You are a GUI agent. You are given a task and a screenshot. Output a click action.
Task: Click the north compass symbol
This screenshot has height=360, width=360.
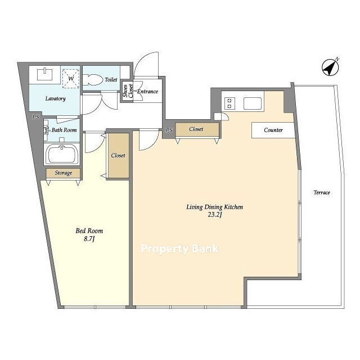pyautogui.click(x=330, y=67)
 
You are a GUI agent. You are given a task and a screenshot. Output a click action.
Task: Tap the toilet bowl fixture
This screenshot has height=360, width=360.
pyautogui.click(x=92, y=80)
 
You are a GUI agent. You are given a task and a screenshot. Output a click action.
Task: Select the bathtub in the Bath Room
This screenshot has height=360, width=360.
pyautogui.click(x=61, y=154)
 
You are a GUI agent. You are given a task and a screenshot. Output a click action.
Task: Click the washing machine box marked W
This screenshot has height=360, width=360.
pyautogui.click(x=71, y=79)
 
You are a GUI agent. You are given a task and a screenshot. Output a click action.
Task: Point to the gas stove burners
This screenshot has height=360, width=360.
pyautogui.click(x=230, y=103)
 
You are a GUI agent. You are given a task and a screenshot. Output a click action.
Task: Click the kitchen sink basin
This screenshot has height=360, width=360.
pyautogui.click(x=253, y=103)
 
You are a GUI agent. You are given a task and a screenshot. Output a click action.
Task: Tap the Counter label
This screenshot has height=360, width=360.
pyautogui.click(x=273, y=130)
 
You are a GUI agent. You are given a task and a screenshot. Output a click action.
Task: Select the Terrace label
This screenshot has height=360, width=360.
pyautogui.click(x=322, y=192)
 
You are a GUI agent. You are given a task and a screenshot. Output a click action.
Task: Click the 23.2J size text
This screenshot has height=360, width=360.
pyautogui.click(x=215, y=215)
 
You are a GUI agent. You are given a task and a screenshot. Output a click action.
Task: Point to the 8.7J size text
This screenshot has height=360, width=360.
pyautogui.click(x=89, y=239)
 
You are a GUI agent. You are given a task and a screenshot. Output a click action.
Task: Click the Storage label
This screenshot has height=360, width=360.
pyautogui.click(x=64, y=173)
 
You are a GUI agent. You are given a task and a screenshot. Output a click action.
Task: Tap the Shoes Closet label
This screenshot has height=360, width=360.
pyautogui.click(x=128, y=91)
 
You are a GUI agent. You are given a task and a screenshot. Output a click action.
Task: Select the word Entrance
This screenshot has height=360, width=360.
pyautogui.click(x=147, y=91)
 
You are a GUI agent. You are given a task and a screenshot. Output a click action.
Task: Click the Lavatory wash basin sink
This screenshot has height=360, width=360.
pyautogui.click(x=45, y=74)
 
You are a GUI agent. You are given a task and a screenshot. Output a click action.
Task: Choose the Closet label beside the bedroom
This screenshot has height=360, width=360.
pyautogui.click(x=118, y=155)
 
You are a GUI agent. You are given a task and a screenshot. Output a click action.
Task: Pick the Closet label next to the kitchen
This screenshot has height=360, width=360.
pyautogui.click(x=196, y=129)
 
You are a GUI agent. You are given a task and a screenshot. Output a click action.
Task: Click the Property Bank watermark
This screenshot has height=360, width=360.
pyautogui.click(x=180, y=249)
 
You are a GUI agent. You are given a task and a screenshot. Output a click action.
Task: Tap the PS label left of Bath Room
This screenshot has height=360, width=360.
pyautogui.click(x=35, y=117)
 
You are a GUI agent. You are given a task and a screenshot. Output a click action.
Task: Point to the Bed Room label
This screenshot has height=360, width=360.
pyautogui.click(x=89, y=231)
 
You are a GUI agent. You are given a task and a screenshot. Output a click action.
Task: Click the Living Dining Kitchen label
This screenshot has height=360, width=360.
pyautogui.click(x=214, y=207)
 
